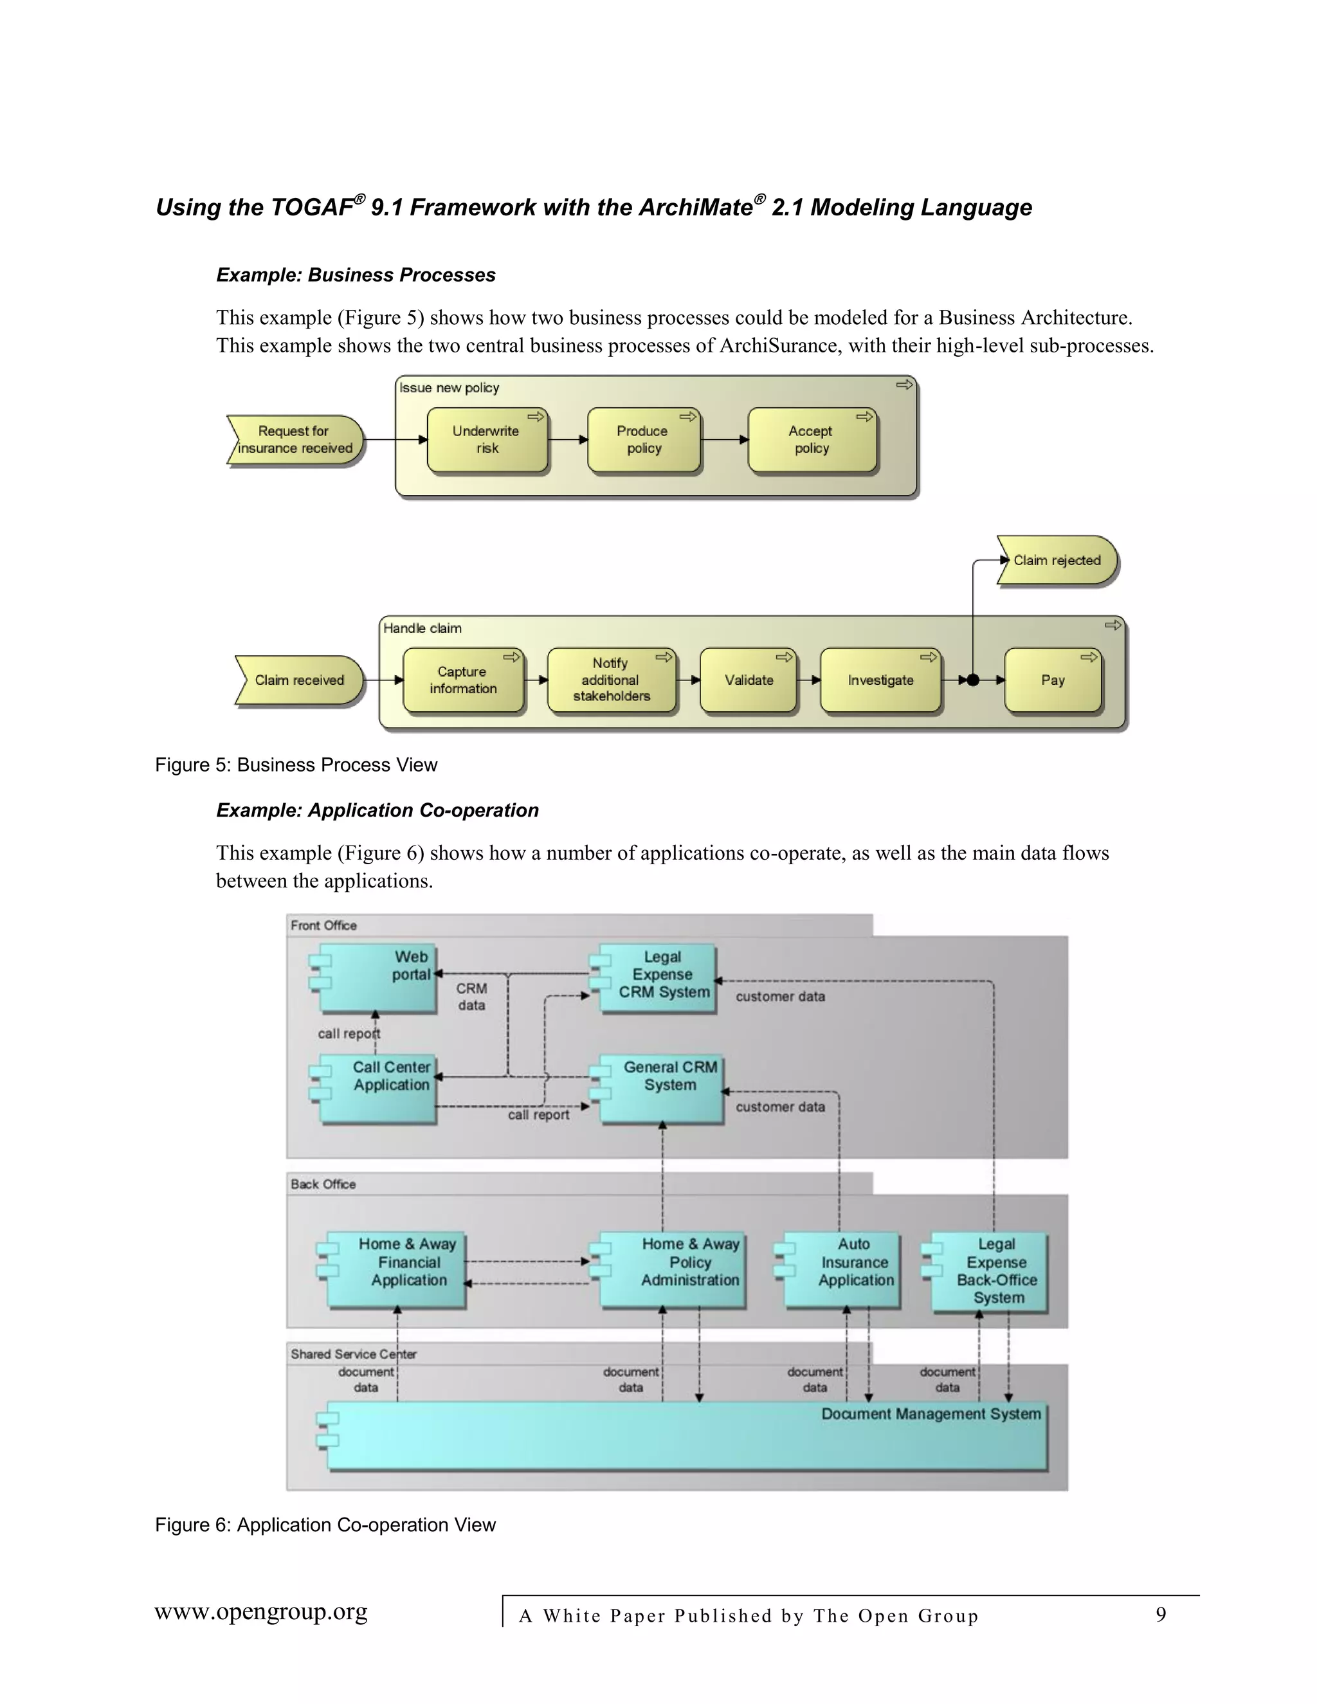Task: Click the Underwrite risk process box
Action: tap(487, 440)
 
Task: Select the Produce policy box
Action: tap(643, 440)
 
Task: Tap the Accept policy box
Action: tap(812, 440)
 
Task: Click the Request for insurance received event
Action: tap(295, 440)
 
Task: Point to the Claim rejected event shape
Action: tap(1057, 560)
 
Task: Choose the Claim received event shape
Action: tap(299, 680)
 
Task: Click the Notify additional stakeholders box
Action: tap(611, 680)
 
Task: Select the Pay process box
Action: tap(1053, 680)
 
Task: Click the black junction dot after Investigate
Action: tap(973, 680)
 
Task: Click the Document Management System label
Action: tap(930, 1414)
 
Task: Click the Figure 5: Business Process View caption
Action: tap(296, 765)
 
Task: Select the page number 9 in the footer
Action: tap(1160, 1614)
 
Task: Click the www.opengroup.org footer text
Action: tap(260, 1612)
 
